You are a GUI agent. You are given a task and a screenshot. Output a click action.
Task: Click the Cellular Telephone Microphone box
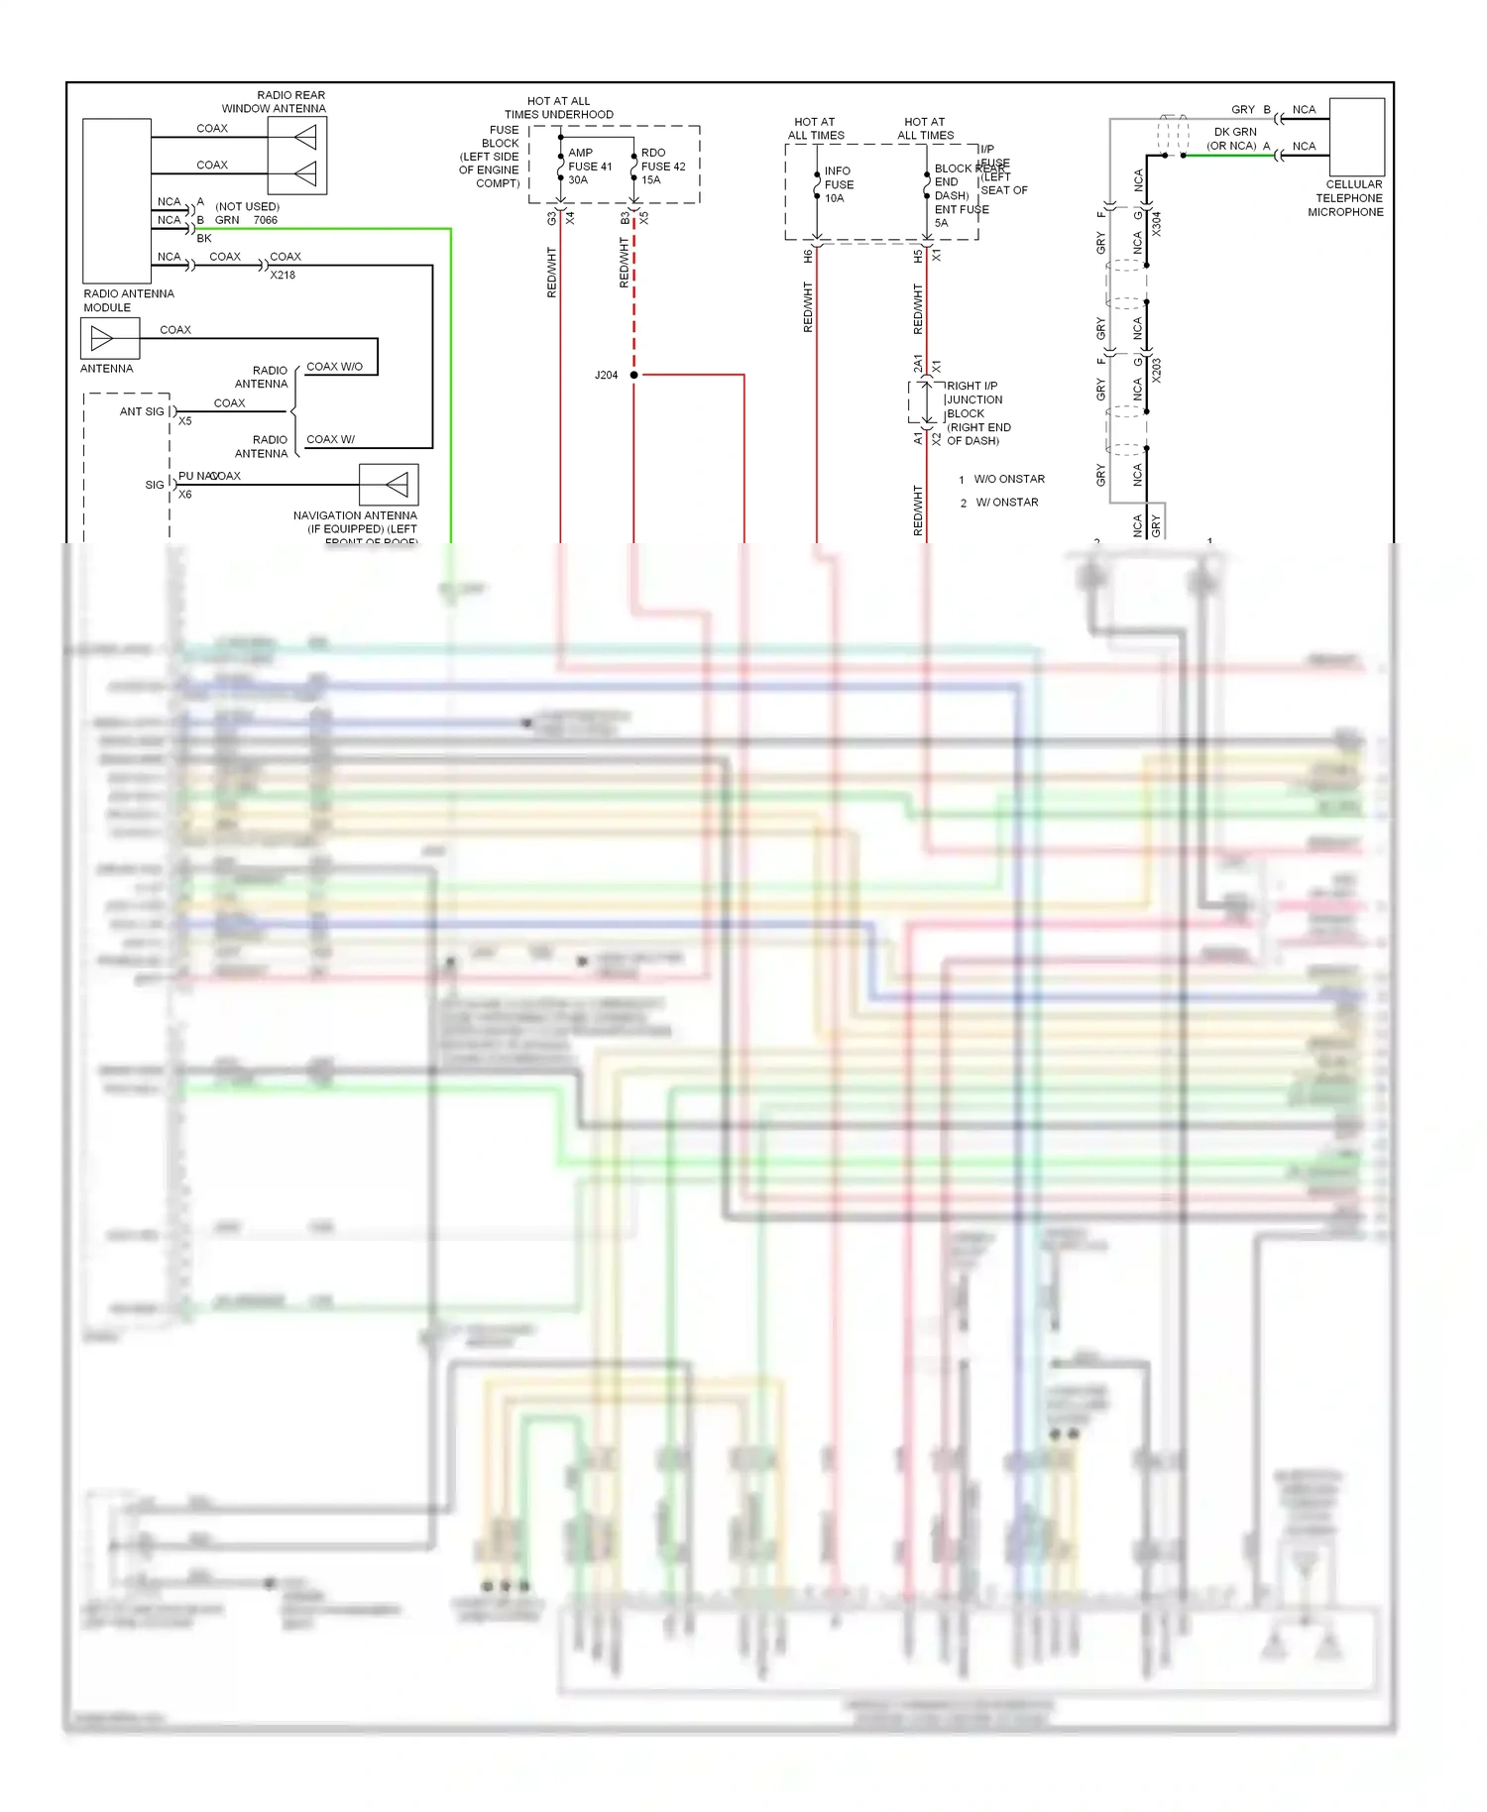coord(1356,137)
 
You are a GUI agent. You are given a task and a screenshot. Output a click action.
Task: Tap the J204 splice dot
coord(633,375)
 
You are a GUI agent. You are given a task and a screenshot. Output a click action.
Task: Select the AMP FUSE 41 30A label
coord(589,167)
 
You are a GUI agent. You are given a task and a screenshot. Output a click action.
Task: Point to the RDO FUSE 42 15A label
coord(662,167)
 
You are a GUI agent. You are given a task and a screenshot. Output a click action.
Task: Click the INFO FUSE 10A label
coord(838,184)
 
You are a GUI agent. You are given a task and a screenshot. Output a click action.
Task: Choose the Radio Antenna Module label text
coord(128,300)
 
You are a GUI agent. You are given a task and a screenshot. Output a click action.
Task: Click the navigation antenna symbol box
coord(389,485)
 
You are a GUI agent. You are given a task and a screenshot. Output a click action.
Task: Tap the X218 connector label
coord(283,276)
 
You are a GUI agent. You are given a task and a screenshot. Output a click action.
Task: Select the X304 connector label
coord(1156,223)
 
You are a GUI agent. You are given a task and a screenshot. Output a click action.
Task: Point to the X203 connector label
coord(1156,370)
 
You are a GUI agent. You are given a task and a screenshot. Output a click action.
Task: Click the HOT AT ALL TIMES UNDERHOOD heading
coord(558,108)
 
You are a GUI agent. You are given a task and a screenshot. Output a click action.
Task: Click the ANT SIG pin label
coord(142,411)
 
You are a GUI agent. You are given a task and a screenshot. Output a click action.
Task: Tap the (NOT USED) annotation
coord(247,207)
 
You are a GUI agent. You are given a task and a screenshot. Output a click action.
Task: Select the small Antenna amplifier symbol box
coord(110,339)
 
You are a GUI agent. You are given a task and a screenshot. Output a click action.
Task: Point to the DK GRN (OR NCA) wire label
coord(1233,139)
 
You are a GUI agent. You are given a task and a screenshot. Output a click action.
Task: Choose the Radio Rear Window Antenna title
coord(274,102)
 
